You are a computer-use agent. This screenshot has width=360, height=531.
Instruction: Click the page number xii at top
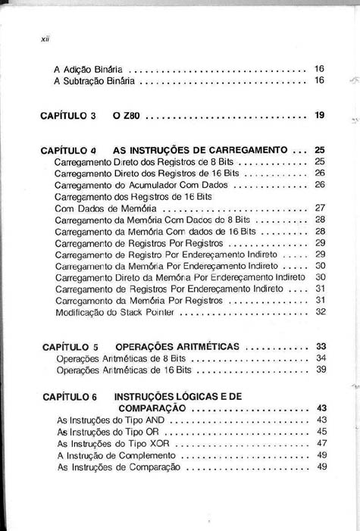44,36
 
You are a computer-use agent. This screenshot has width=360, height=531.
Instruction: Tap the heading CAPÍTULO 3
68,116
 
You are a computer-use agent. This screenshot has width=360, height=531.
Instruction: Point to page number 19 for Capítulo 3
319,116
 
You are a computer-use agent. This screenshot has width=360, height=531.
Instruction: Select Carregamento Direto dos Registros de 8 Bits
146,162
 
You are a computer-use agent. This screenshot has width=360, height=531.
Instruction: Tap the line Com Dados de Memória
105,208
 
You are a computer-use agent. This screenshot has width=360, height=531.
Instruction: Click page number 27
319,208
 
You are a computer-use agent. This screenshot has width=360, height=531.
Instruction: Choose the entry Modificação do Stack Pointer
114,311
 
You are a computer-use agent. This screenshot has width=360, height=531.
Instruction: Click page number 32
319,311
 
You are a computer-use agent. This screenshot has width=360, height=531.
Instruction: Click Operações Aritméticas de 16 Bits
124,370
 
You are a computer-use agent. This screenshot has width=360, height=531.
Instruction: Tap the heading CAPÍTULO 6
70,396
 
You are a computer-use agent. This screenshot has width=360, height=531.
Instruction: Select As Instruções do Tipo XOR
110,443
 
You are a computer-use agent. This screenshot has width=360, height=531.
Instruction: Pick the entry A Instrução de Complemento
114,455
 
